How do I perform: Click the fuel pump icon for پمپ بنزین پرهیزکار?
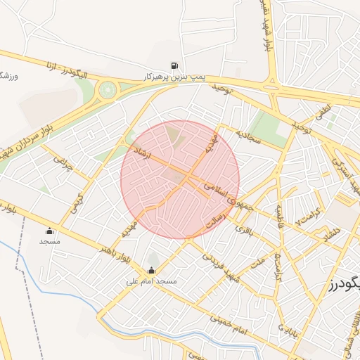(174, 65)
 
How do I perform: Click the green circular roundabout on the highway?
(108, 89)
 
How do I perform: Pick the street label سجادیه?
(248, 135)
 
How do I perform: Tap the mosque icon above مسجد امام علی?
(151, 271)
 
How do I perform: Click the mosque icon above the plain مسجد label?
(49, 231)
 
